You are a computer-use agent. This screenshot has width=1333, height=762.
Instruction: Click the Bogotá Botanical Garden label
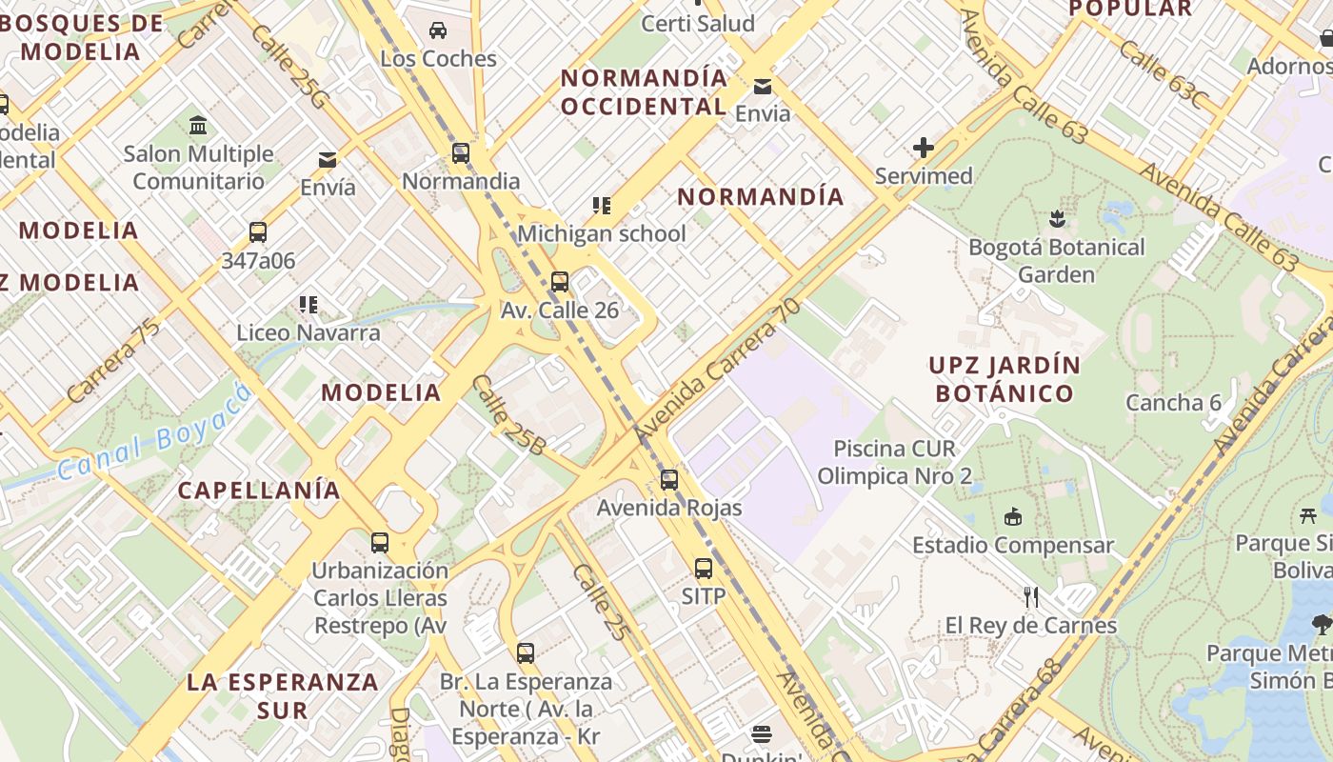1056,261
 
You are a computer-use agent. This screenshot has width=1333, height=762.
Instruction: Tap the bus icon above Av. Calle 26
560,282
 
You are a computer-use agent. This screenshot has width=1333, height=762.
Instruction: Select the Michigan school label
601,233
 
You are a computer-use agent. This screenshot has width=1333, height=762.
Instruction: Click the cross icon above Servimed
923,148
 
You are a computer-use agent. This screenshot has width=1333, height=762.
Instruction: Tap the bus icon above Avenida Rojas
669,480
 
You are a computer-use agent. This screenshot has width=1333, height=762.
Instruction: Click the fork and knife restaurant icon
1031,597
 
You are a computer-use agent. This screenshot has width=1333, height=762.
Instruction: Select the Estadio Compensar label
1013,545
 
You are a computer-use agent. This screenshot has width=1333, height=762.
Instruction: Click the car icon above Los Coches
438,30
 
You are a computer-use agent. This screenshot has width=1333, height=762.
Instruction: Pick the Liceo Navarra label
308,332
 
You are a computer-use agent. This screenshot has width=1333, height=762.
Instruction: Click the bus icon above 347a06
257,232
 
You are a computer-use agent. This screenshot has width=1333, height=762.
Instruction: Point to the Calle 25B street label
508,415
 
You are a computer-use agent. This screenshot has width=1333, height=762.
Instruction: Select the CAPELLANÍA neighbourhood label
259,490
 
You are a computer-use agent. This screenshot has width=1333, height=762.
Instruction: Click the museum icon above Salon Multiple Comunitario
198,125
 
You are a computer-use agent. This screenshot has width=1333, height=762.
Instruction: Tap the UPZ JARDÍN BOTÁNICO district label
1005,379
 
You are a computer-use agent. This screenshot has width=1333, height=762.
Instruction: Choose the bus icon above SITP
704,569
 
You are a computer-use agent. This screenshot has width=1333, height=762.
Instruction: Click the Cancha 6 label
1173,402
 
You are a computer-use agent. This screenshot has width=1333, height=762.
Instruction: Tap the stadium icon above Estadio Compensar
1013,517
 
